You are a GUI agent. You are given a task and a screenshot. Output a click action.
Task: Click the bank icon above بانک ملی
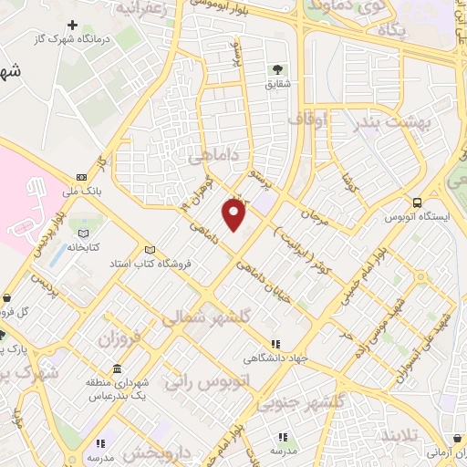point(81,176)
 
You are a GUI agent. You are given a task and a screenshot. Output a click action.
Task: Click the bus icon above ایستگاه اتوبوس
point(417,202)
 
